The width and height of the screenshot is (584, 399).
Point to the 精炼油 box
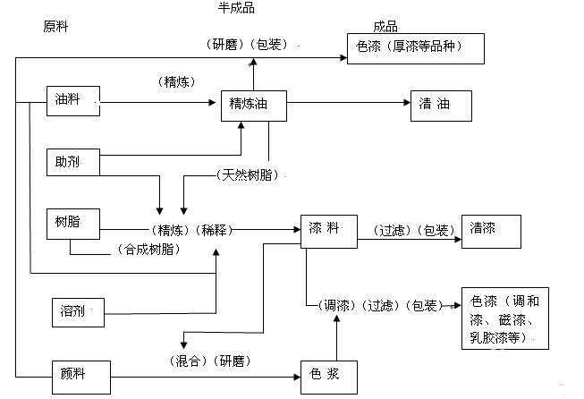coord(254,106)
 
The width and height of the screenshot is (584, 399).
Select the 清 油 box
coord(439,106)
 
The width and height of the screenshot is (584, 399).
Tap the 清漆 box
coord(490,230)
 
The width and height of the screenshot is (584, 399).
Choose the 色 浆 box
coord(329,374)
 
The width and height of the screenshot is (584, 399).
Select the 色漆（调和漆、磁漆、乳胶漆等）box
coord(504,318)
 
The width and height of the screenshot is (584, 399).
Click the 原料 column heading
coord(55,27)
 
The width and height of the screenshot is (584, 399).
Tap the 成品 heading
coord(385,27)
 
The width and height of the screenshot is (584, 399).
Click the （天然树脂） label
coord(247,174)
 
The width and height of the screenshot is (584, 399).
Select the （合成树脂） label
coord(147,250)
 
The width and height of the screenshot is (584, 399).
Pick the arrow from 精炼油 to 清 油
coord(349,106)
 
